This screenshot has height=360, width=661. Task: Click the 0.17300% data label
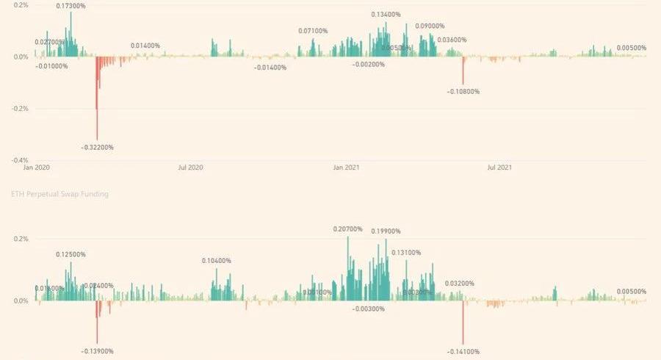point(71,6)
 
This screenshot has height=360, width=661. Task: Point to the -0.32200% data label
point(97,147)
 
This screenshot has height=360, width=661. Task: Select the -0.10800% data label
point(463,92)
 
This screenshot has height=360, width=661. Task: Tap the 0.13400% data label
point(386,14)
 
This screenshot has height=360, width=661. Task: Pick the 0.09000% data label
point(430,26)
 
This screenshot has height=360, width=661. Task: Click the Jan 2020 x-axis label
point(36,168)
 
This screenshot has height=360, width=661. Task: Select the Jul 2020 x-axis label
point(190,168)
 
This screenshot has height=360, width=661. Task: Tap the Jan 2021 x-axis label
point(346,168)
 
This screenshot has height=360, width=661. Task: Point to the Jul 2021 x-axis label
point(500,168)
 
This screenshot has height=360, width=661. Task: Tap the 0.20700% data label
point(348,230)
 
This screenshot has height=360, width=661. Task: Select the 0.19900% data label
point(386,231)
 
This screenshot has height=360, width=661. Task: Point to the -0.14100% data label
point(463,352)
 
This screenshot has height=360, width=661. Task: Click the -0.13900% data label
point(97,351)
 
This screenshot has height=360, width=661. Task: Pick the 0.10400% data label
point(217,261)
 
